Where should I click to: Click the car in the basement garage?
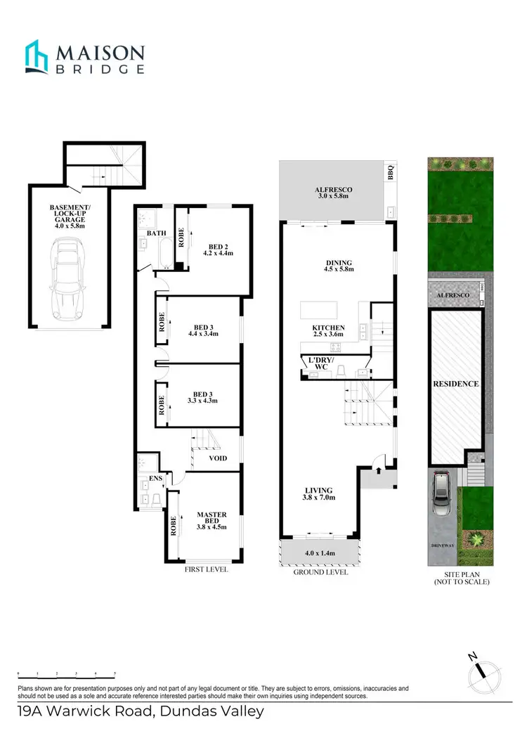pos(68,279)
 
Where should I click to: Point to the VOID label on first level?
pos(218,458)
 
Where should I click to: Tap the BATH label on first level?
pos(156,233)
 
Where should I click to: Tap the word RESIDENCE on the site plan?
pos(455,384)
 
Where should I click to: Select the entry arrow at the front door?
pos(379,464)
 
